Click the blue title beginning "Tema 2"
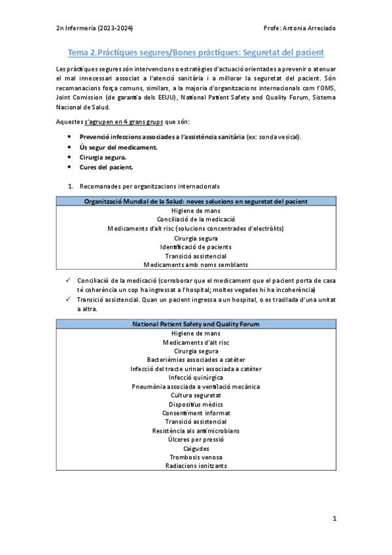(x=196, y=52)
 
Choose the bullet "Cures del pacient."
(x=106, y=167)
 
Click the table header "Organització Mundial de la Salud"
(x=196, y=202)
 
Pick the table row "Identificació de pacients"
(x=196, y=247)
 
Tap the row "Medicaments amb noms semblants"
(x=196, y=265)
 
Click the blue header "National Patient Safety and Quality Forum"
(x=196, y=324)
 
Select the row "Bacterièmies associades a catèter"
(x=196, y=360)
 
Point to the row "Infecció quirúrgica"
(x=196, y=378)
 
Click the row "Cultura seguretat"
(x=196, y=395)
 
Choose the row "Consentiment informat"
(x=196, y=413)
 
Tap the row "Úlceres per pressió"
(x=196, y=439)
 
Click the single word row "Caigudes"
(x=196, y=448)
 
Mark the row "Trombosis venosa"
(x=196, y=457)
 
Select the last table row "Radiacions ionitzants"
(x=196, y=466)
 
